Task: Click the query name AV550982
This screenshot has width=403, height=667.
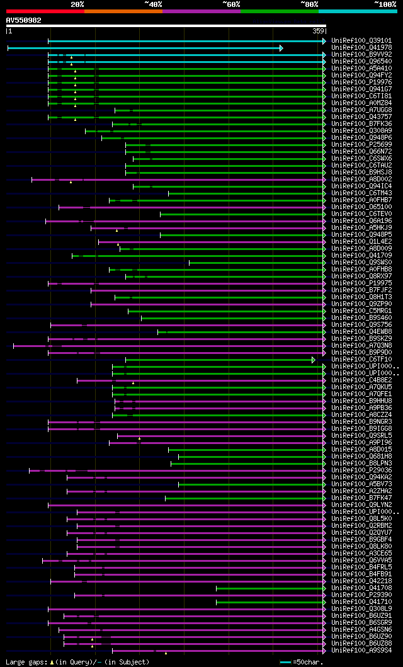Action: pyautogui.click(x=24, y=20)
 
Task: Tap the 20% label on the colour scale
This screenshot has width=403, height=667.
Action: pyautogui.click(x=77, y=4)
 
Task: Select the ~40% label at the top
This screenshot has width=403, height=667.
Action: pyautogui.click(x=153, y=4)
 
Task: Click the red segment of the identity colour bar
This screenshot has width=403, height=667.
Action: pyautogui.click(x=45, y=11)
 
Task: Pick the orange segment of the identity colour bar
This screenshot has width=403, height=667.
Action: pyautogui.click(x=123, y=11)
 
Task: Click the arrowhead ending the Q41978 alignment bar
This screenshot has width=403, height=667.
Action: pyautogui.click(x=281, y=48)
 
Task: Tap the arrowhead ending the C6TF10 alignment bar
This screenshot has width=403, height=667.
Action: pyautogui.click(x=313, y=360)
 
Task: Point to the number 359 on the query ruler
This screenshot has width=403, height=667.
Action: pyautogui.click(x=317, y=30)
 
